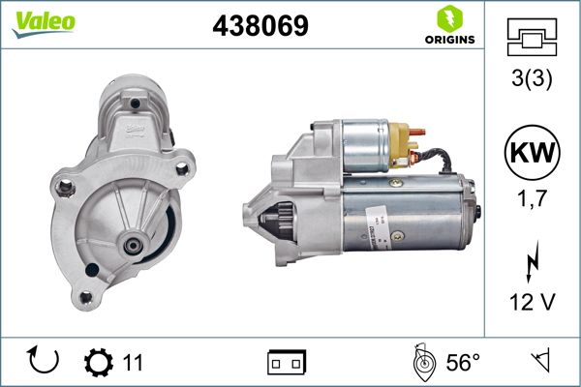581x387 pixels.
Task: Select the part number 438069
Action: (260, 26)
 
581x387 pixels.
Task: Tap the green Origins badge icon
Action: (448, 17)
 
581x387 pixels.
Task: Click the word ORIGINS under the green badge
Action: (448, 40)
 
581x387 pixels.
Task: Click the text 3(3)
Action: (534, 81)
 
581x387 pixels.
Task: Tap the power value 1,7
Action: (534, 204)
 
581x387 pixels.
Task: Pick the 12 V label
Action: (534, 303)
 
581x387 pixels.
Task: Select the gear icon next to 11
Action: (99, 362)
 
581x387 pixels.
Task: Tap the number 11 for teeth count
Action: (133, 363)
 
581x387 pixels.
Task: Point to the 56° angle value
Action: (463, 363)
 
